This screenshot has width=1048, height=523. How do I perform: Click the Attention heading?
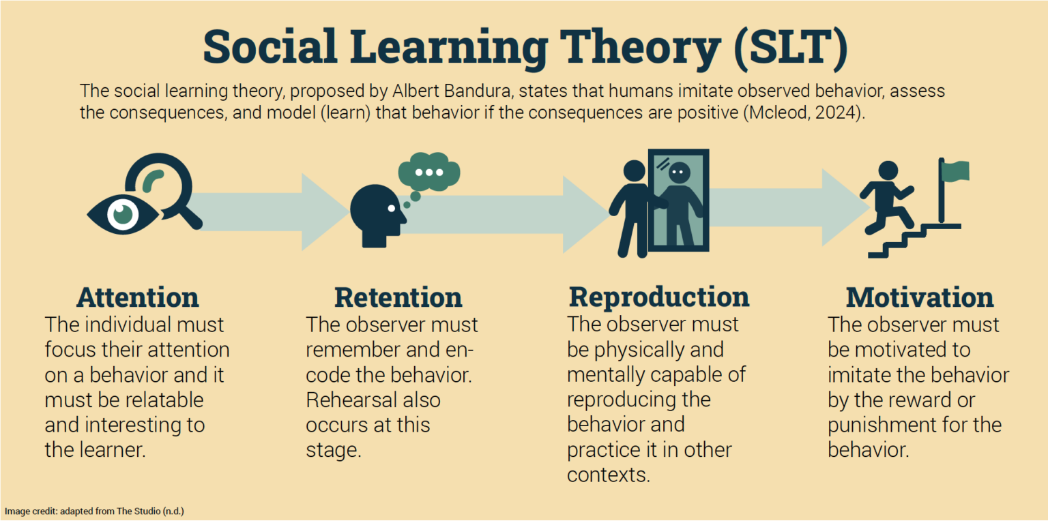click(x=137, y=298)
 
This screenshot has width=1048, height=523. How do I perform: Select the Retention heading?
click(x=398, y=298)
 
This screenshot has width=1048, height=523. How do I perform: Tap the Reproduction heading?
click(x=659, y=297)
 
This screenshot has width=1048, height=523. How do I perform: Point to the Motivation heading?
click(x=920, y=298)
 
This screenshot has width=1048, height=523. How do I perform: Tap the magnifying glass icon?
click(x=164, y=185)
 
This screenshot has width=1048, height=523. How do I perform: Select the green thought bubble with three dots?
click(x=428, y=173)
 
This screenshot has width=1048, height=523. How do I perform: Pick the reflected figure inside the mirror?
click(x=680, y=202)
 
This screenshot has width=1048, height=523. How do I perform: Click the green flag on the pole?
click(x=956, y=171)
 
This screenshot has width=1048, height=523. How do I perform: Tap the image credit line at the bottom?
click(x=94, y=511)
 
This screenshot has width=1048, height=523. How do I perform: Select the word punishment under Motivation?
click(x=880, y=425)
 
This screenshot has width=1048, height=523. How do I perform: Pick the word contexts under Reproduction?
click(x=607, y=475)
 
